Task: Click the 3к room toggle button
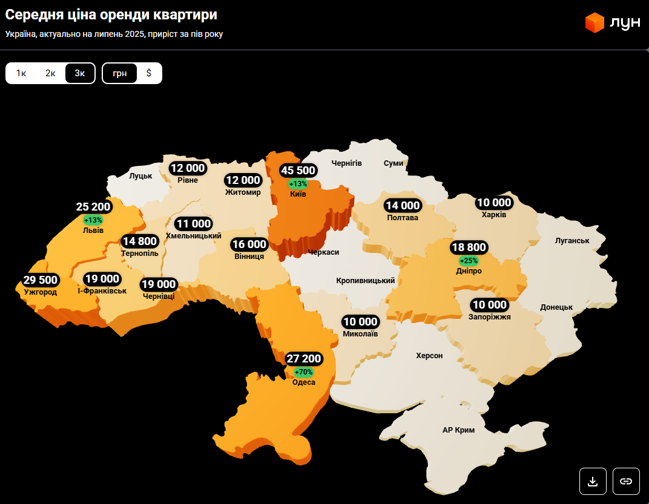80,73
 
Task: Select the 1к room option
21,73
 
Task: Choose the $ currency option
149,73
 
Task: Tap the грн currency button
120,73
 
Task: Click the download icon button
593,481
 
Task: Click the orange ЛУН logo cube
595,22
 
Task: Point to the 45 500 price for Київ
298,171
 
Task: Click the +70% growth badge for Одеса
303,371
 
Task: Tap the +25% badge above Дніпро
469,261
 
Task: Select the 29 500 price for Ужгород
41,280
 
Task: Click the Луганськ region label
572,241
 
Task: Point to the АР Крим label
458,430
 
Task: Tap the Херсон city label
429,356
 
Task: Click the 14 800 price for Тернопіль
140,241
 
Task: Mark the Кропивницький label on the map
366,281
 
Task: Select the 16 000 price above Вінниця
249,244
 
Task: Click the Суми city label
394,163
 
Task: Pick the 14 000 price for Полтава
403,206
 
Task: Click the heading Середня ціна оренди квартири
111,15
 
